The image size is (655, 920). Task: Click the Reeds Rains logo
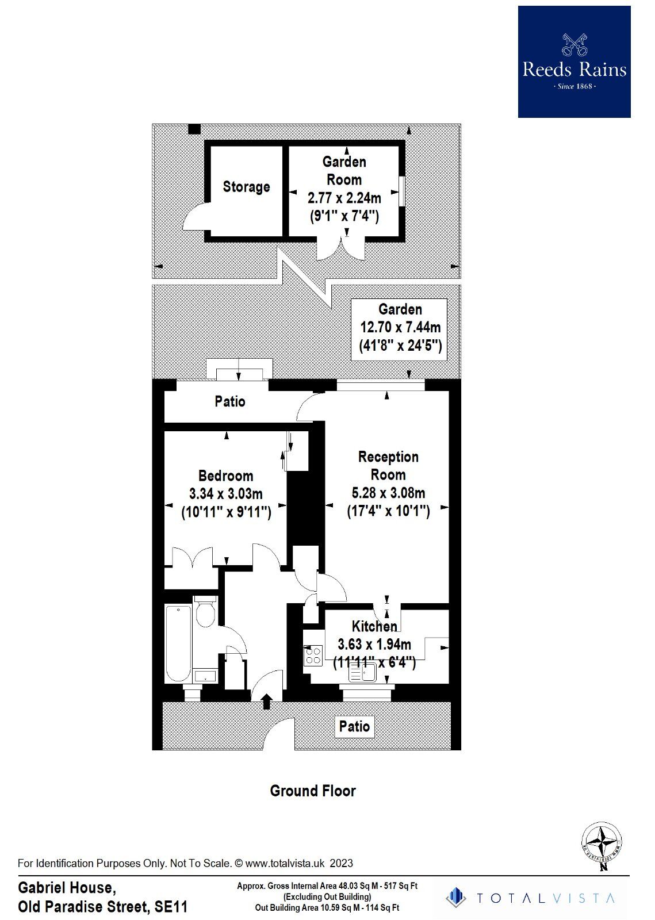(574, 62)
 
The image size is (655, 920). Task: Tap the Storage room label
(246, 187)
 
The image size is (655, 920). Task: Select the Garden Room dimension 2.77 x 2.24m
(344, 198)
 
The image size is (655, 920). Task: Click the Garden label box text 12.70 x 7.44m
(400, 327)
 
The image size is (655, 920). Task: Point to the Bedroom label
(225, 476)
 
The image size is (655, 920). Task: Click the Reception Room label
(388, 466)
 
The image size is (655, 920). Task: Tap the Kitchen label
(374, 626)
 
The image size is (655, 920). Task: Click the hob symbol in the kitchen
(313, 655)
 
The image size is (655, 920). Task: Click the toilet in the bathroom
(205, 612)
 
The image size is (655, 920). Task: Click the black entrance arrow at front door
(267, 701)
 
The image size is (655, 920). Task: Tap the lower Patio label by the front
(354, 726)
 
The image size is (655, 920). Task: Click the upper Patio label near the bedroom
(230, 401)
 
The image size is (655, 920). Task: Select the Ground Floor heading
(313, 791)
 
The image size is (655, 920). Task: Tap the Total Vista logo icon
(455, 898)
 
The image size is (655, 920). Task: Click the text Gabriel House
(67, 888)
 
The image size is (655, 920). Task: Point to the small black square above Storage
(194, 129)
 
